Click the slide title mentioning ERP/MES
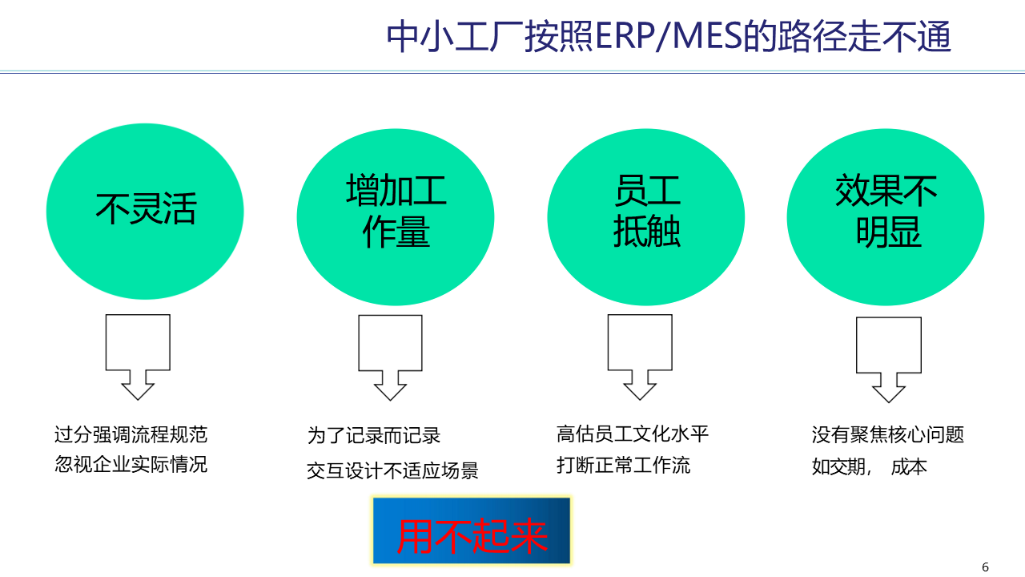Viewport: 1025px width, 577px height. click(669, 37)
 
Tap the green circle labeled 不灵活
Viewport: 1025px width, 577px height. click(145, 212)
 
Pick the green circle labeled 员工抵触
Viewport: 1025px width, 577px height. click(646, 216)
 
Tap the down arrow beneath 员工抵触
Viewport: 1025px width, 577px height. click(640, 356)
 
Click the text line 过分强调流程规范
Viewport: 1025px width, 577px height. click(131, 435)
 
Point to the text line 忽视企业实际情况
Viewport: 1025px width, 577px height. click(131, 465)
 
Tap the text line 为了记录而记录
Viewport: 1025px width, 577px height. click(374, 436)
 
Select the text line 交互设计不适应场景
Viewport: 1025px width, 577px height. click(392, 471)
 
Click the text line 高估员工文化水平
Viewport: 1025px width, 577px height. click(633, 434)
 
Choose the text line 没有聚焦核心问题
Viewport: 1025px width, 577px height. click(888, 435)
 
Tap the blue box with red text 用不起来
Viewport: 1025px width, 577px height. click(471, 531)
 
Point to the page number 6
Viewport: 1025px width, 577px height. click(985, 567)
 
